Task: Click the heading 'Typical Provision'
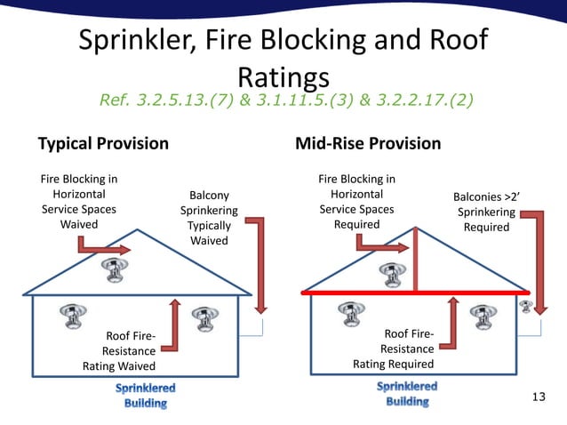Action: click(102, 143)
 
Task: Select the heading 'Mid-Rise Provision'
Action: click(367, 143)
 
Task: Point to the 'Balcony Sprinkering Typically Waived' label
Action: click(209, 217)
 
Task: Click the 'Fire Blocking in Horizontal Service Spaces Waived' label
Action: click(79, 202)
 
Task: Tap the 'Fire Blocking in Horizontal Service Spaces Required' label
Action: click(356, 202)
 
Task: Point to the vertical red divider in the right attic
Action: click(415, 259)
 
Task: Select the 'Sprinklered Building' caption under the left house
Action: click(146, 396)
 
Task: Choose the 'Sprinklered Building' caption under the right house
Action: click(407, 394)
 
